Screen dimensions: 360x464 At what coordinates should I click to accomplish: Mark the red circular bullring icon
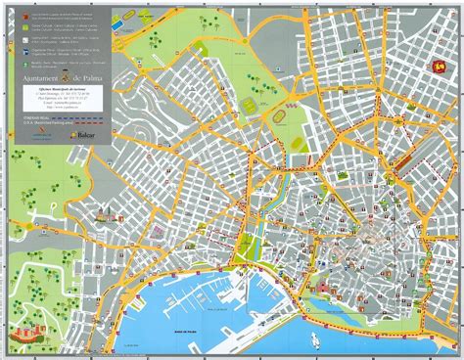tap(440, 67)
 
